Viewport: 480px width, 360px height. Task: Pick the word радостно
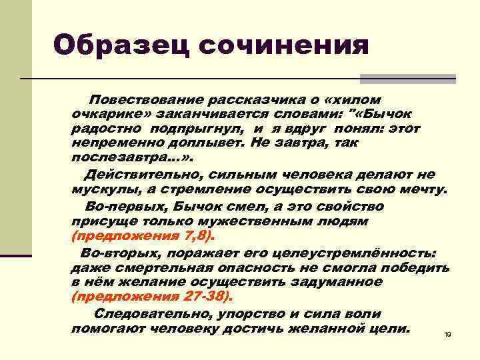(x=107, y=129)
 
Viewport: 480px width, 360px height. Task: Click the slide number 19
(x=447, y=334)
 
